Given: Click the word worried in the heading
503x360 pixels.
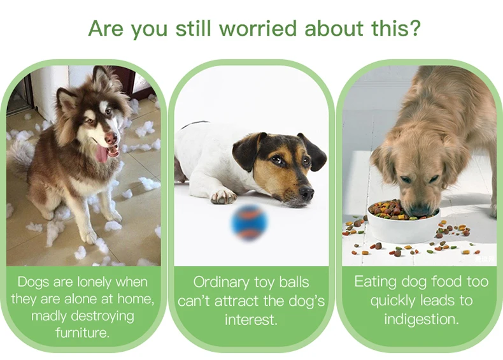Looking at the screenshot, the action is coord(259,28).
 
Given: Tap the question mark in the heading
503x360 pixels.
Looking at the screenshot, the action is coord(414,28).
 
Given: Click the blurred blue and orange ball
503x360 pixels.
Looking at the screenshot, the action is coord(249,223).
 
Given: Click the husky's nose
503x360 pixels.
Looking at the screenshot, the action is coord(111,138).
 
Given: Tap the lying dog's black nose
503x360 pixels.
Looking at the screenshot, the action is coord(306,192).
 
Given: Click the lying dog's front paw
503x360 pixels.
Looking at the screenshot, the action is coord(223,195).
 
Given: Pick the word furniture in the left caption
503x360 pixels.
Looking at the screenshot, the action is coord(82,332).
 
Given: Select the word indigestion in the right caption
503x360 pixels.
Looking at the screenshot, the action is coord(422,319).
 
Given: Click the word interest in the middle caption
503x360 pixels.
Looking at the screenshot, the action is coord(251,319).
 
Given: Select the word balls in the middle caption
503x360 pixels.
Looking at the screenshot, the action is coord(294,282).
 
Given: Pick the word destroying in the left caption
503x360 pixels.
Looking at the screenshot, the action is coord(103,316).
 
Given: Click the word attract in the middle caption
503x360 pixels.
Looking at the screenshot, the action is coord(237,301).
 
